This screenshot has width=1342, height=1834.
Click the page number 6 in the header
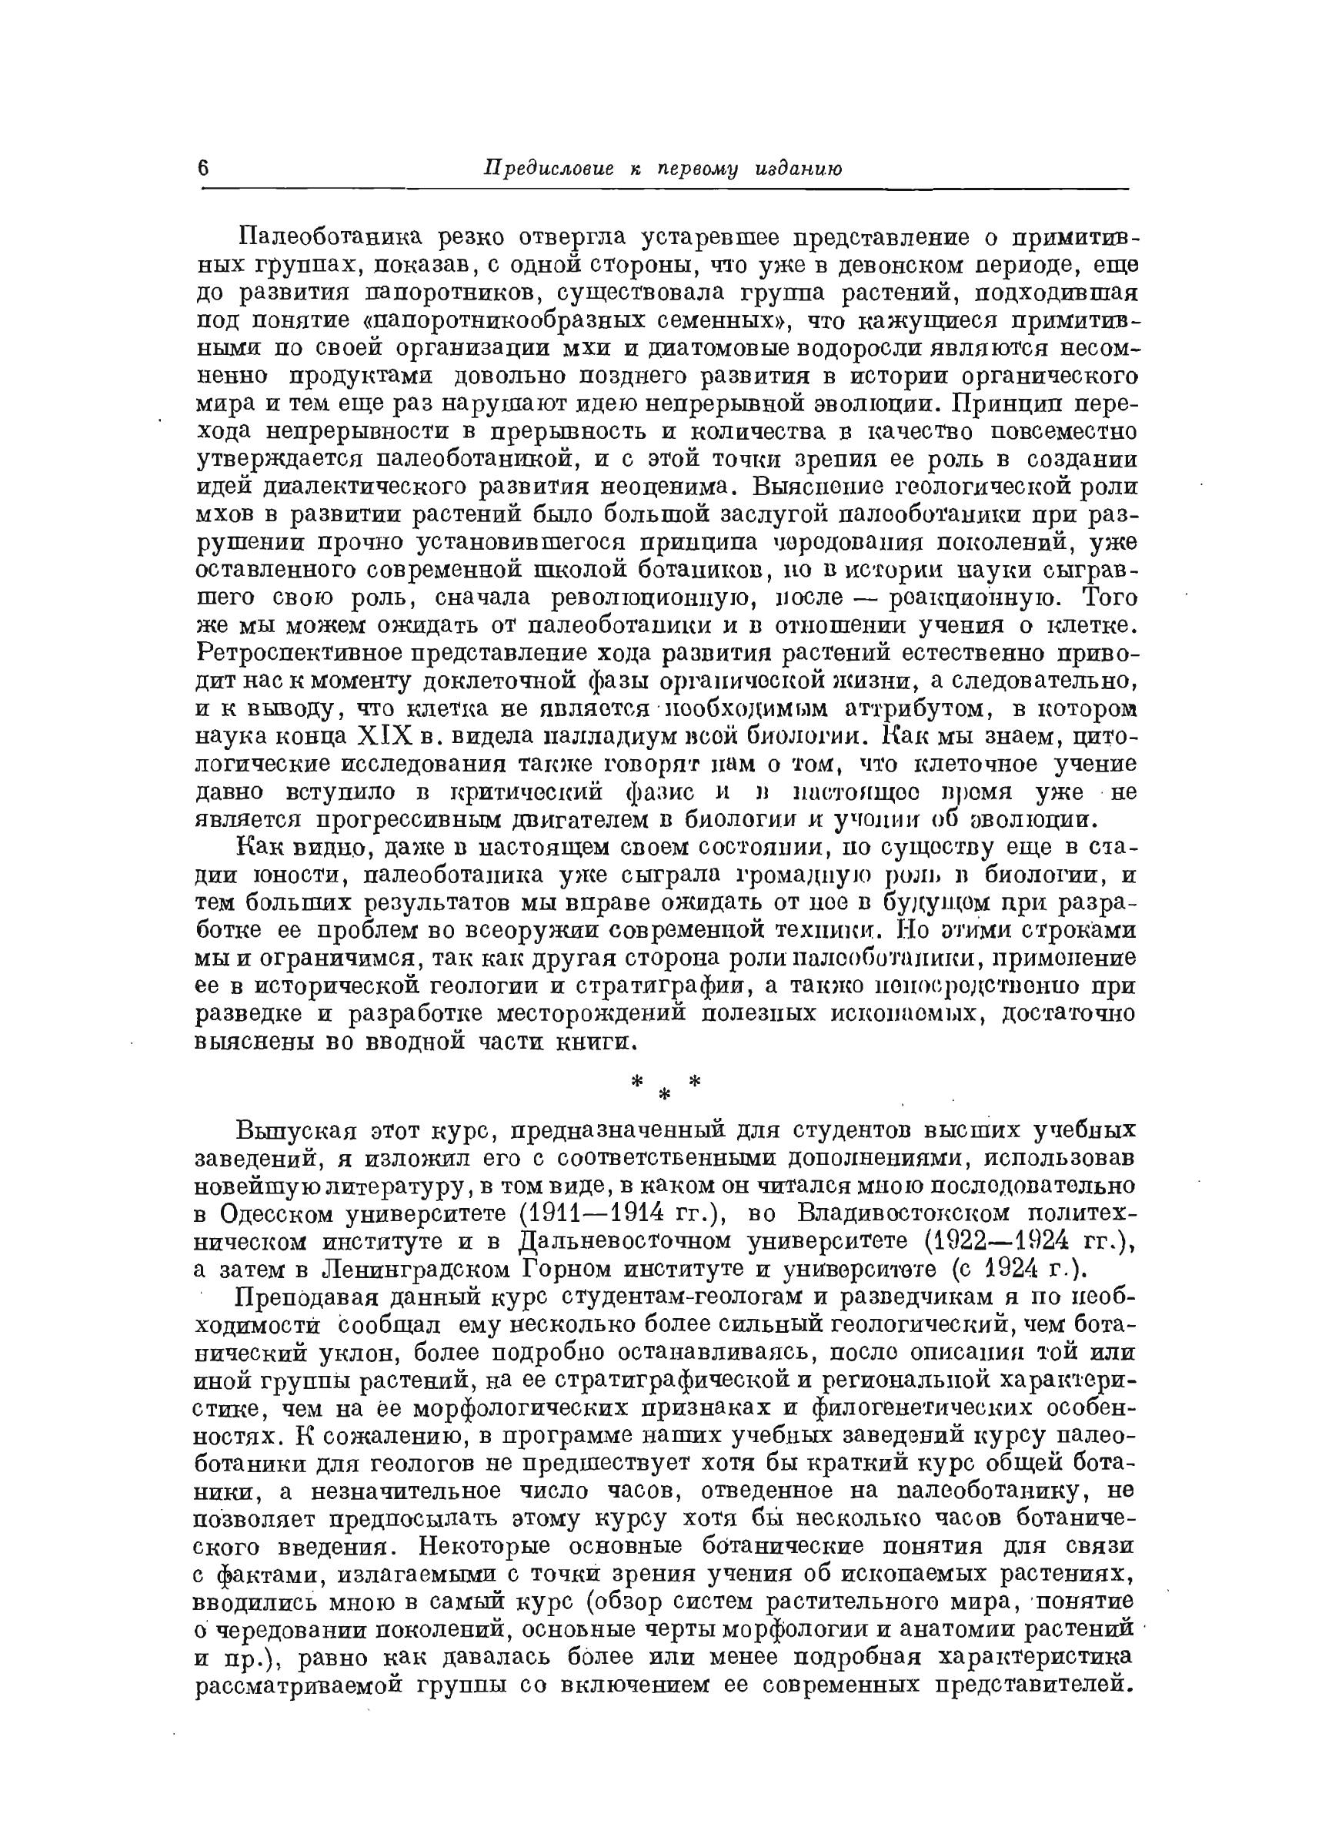pyautogui.click(x=204, y=168)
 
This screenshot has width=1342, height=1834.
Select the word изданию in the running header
pyautogui.click(x=793, y=168)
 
